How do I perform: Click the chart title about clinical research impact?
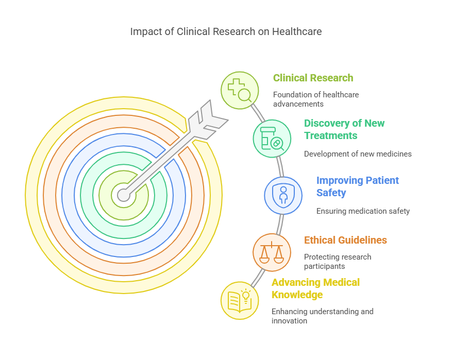[x=226, y=31]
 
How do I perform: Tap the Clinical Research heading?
[x=313, y=78]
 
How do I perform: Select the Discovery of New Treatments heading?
[x=344, y=129]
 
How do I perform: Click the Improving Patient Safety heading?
[x=357, y=186]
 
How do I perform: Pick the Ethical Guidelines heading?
[x=345, y=240]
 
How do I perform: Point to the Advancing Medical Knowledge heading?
[x=315, y=288]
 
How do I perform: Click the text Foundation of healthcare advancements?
[x=315, y=99]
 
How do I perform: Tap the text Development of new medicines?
[x=358, y=153]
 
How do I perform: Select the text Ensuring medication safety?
[x=363, y=211]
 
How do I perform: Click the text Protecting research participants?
[x=337, y=262]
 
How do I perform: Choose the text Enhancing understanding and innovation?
[x=322, y=316]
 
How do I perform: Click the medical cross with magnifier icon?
[x=240, y=90]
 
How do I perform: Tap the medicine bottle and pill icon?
[x=272, y=138]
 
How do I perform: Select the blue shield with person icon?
[x=283, y=196]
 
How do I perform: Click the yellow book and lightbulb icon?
[x=240, y=300]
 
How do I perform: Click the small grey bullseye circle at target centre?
[x=124, y=195]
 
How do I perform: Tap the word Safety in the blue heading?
[x=331, y=193]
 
